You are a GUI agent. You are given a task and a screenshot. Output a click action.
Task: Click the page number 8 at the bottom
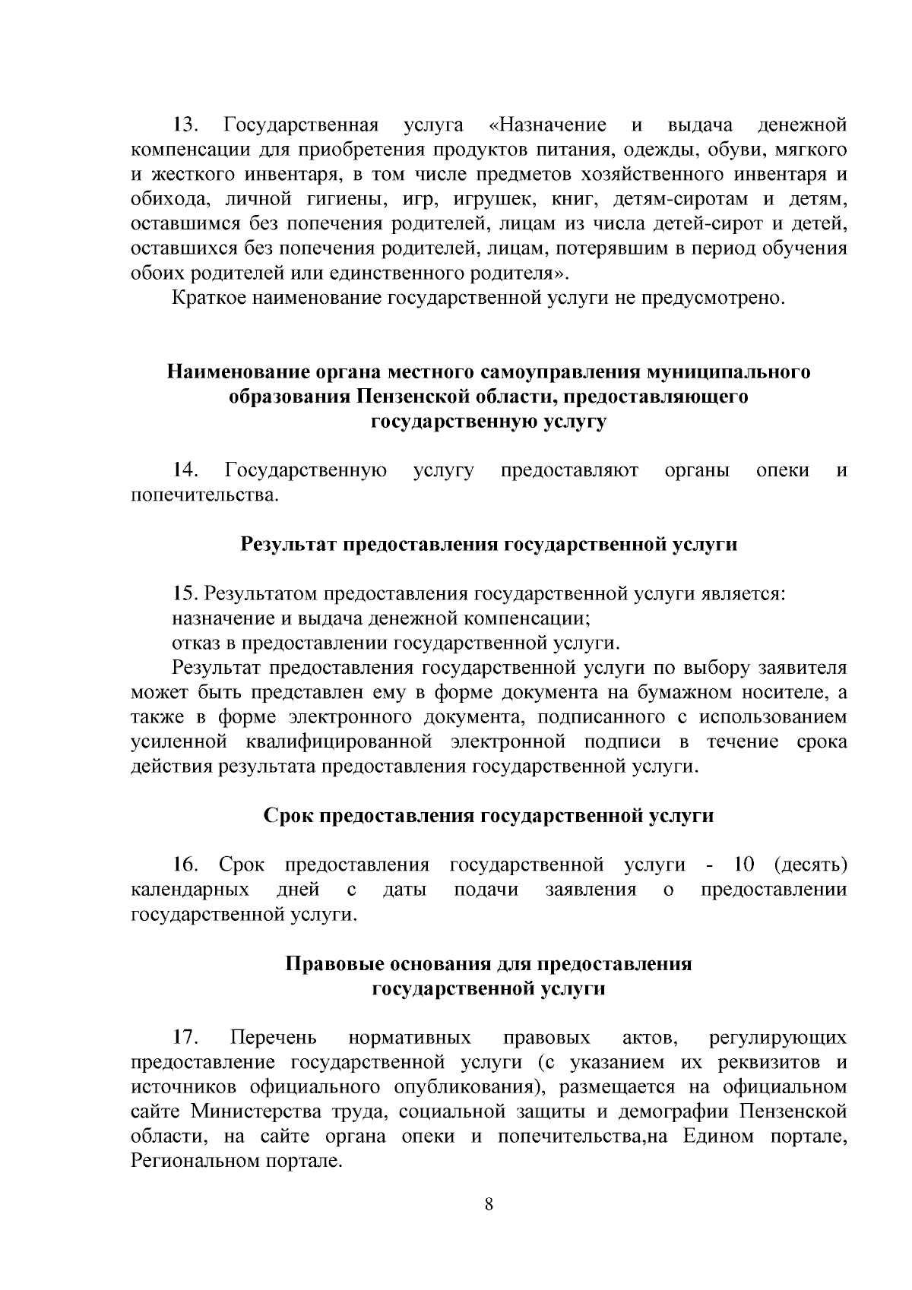pyautogui.click(x=489, y=1205)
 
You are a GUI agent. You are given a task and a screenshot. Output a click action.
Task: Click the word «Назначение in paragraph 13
pyautogui.click(x=545, y=125)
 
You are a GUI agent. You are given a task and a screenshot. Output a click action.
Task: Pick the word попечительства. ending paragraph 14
pyautogui.click(x=205, y=495)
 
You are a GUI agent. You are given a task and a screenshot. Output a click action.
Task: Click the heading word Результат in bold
pyautogui.click(x=289, y=545)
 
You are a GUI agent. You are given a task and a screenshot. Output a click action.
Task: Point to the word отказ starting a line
pyautogui.click(x=193, y=643)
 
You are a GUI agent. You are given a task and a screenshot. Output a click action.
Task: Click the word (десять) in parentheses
pyautogui.click(x=810, y=865)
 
